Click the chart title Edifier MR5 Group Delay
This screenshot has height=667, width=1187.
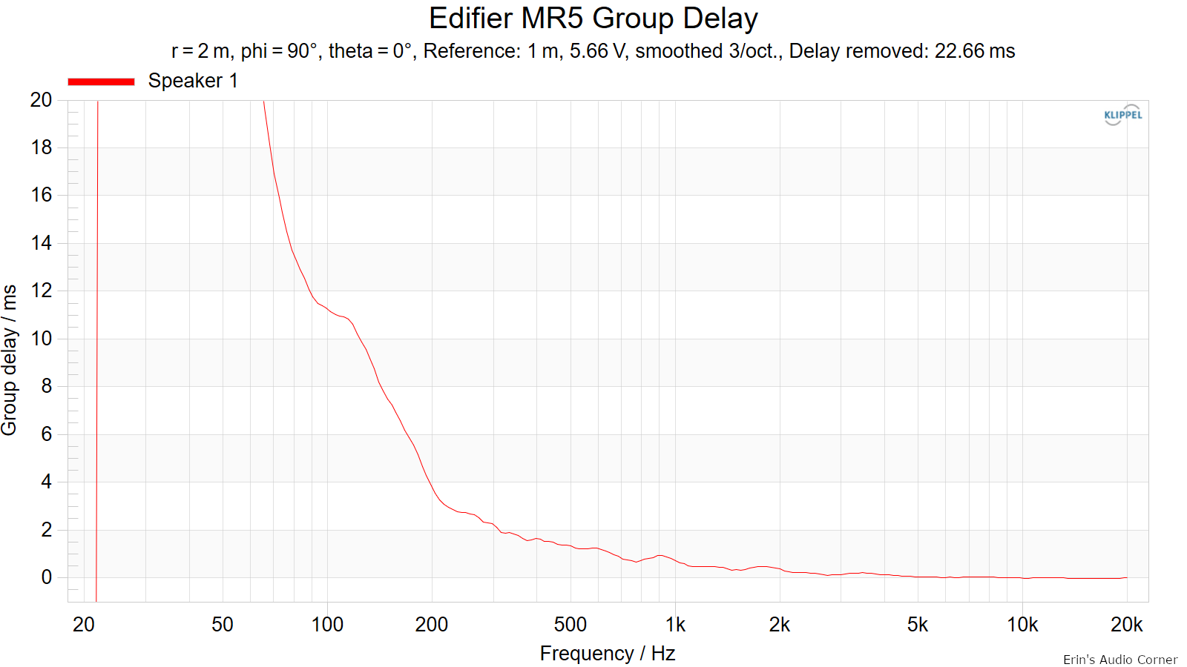coord(593,19)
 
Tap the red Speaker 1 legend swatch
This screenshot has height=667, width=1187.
coord(101,82)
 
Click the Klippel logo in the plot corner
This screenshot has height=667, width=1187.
coord(1123,115)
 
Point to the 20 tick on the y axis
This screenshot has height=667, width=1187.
coord(41,99)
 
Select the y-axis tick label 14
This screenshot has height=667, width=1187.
coord(41,243)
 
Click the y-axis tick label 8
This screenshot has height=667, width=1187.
coord(47,386)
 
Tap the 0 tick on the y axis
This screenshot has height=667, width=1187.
coord(47,577)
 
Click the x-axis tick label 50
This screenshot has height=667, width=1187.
coord(222,625)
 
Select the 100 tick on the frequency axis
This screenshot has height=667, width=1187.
coord(327,625)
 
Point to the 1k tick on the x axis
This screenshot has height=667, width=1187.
coord(675,625)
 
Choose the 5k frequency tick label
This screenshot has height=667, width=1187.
coord(917,625)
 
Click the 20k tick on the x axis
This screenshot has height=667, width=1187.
coord(1127,625)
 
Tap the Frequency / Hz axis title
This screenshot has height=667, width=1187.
coord(608,653)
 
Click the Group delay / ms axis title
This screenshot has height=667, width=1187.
coord(10,360)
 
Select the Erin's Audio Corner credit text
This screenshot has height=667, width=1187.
coord(1120,660)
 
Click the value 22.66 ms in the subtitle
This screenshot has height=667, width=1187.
coord(975,51)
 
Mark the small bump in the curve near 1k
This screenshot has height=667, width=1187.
coord(660,555)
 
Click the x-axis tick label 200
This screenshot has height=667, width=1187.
coord(431,625)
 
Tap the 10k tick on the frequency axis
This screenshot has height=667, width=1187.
coord(1022,625)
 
